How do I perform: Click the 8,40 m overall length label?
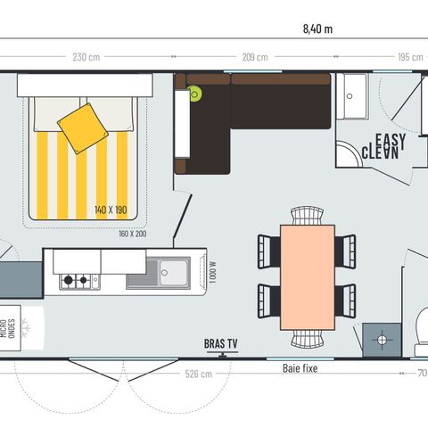click(317, 29)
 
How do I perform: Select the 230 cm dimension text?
click(86, 57)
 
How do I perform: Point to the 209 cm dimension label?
click(254, 57)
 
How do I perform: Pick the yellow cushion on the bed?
click(83, 125)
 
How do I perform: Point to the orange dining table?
click(308, 273)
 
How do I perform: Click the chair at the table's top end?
click(308, 214)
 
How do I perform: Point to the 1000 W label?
click(211, 269)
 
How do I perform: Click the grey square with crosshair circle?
click(381, 340)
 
